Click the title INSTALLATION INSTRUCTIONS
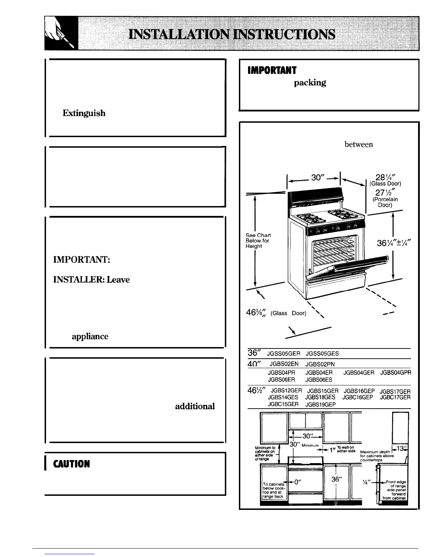(232, 34)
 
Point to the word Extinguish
(84, 113)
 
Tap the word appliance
(90, 337)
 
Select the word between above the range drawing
(358, 144)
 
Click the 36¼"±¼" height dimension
(393, 243)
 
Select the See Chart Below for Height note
(258, 241)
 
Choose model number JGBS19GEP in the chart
(320, 404)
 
